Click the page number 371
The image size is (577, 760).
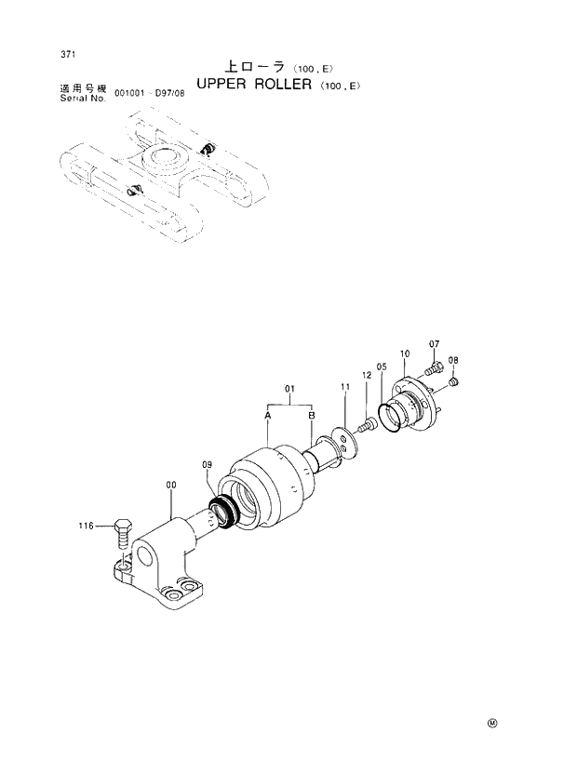coord(68,55)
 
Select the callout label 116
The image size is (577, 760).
coord(87,527)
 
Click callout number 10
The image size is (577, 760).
coord(405,353)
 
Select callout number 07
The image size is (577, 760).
coord(433,345)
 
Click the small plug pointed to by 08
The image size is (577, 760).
coord(453,381)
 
